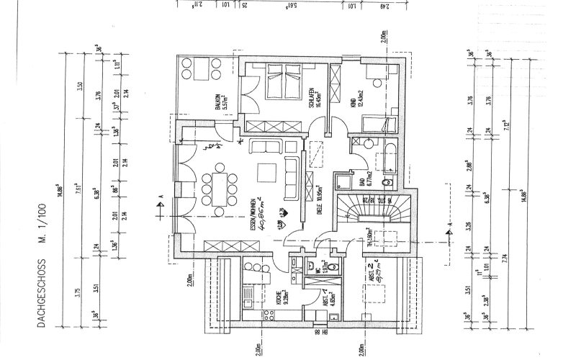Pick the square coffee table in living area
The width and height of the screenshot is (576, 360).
click(x=266, y=172)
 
